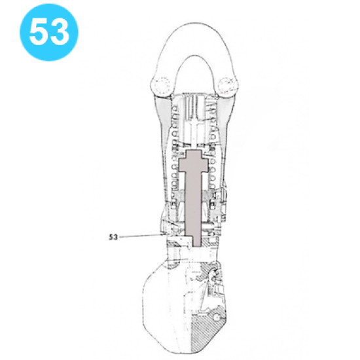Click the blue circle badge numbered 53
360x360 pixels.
click(49, 32)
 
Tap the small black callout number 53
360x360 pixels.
click(113, 237)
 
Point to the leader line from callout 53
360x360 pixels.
click(142, 236)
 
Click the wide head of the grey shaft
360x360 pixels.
click(193, 161)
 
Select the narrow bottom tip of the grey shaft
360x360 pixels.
click(197, 242)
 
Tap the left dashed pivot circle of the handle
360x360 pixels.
click(162, 86)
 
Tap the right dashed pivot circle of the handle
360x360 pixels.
click(226, 85)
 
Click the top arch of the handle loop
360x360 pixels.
click(195, 26)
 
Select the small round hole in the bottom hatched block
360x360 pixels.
click(216, 317)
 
